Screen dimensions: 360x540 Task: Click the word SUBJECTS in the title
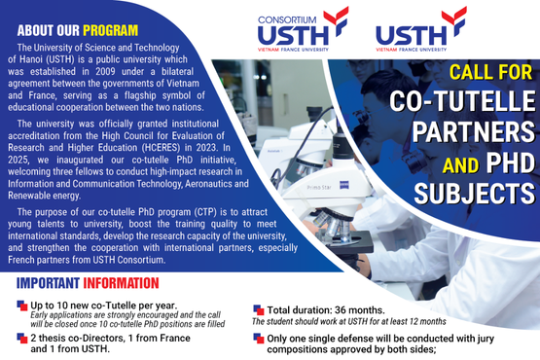tap(476, 190)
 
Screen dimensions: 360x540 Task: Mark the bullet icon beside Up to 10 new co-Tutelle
tap(21, 306)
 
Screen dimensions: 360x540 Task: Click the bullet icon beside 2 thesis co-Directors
tap(21, 338)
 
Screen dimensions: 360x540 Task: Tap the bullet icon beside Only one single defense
tap(257, 338)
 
